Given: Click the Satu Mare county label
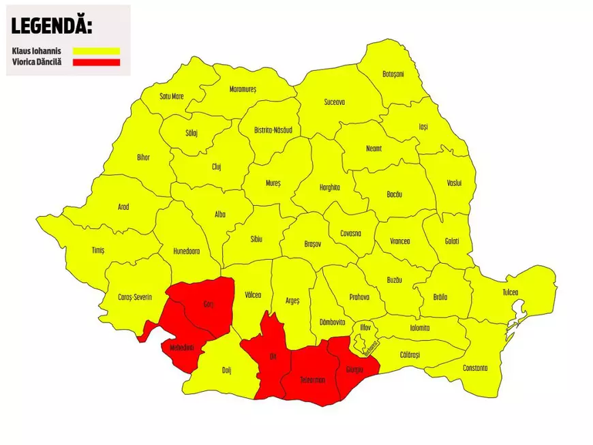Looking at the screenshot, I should [x=172, y=96].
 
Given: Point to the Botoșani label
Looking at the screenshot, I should [x=393, y=74].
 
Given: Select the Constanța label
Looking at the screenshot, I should [x=475, y=368].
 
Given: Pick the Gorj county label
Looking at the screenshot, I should [x=209, y=304].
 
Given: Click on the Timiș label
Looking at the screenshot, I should [x=98, y=250].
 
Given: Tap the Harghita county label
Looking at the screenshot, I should [x=329, y=187].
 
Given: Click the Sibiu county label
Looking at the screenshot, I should [x=256, y=239].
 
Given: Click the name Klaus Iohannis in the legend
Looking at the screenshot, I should [x=35, y=50].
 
